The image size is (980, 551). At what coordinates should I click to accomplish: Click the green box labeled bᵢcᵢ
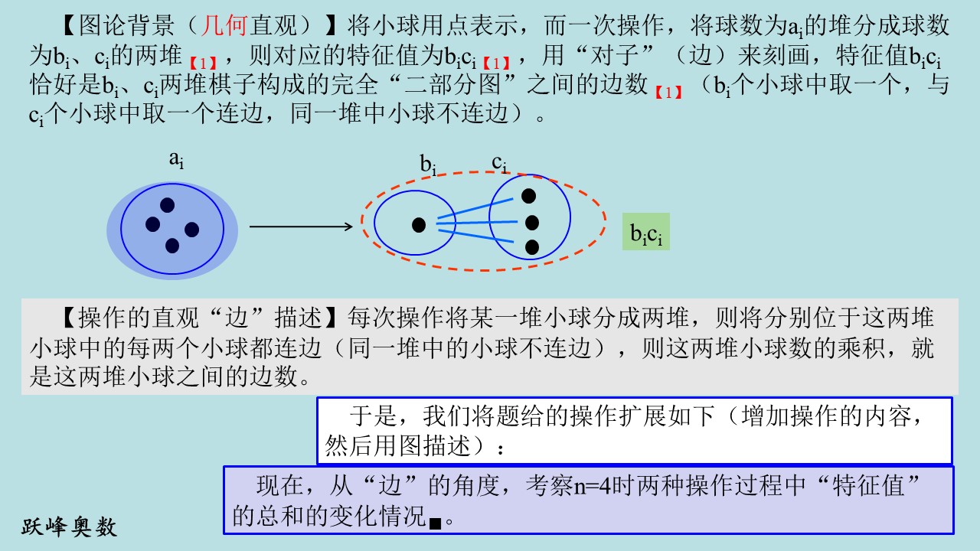tap(645, 231)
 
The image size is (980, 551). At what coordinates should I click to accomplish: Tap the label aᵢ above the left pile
tap(176, 159)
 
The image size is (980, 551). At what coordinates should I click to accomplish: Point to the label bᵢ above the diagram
tap(428, 165)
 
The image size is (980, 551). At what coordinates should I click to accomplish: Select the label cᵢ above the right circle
tap(499, 163)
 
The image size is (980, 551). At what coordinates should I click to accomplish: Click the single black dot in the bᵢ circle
tap(419, 225)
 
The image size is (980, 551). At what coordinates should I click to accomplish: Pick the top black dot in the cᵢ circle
tap(528, 196)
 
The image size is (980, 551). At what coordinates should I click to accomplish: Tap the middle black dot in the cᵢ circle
tap(531, 223)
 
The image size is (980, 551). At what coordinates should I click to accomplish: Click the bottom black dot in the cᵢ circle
tap(531, 247)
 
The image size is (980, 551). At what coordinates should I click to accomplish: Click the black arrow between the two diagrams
tap(301, 227)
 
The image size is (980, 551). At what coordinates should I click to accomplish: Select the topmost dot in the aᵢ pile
tap(167, 205)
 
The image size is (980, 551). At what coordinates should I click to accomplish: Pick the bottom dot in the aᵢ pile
tap(172, 246)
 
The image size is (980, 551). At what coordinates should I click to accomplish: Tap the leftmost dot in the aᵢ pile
tap(152, 224)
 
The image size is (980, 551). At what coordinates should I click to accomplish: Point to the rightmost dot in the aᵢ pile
tap(191, 230)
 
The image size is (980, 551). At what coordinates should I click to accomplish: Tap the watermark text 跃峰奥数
tap(69, 527)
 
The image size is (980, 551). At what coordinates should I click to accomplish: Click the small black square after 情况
tap(435, 523)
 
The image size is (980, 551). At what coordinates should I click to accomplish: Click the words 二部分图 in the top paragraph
tap(452, 84)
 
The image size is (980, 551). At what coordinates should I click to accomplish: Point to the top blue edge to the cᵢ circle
tap(475, 208)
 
